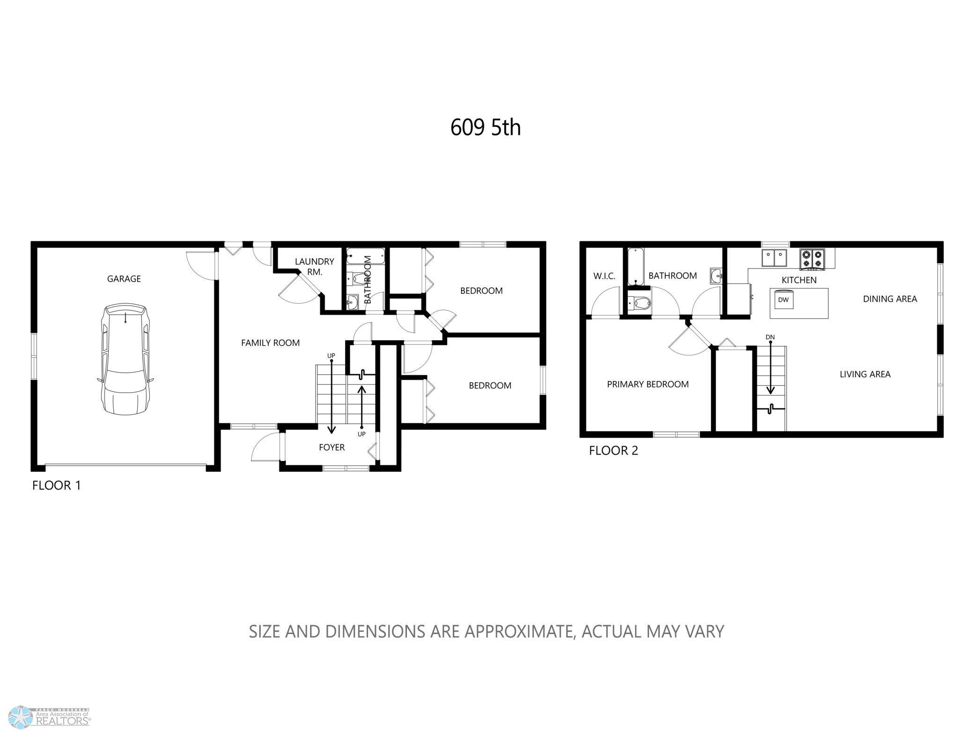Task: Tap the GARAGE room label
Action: tap(124, 279)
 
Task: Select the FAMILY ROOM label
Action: tap(270, 343)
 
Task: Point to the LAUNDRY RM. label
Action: tap(314, 267)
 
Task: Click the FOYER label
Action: tap(332, 448)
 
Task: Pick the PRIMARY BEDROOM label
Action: tap(648, 384)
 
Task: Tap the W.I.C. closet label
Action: tap(604, 276)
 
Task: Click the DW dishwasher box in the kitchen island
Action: tap(783, 300)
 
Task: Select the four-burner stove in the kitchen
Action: tap(812, 259)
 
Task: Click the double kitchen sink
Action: tap(774, 258)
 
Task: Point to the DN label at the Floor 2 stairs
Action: tap(770, 337)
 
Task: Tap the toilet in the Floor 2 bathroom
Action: tap(640, 303)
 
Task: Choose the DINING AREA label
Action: tap(890, 299)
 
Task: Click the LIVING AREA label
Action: tap(865, 374)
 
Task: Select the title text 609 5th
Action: tap(486, 127)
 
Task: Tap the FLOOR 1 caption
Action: tap(57, 485)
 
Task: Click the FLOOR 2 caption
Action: tap(613, 451)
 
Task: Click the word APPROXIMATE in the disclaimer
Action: tap(519, 632)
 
